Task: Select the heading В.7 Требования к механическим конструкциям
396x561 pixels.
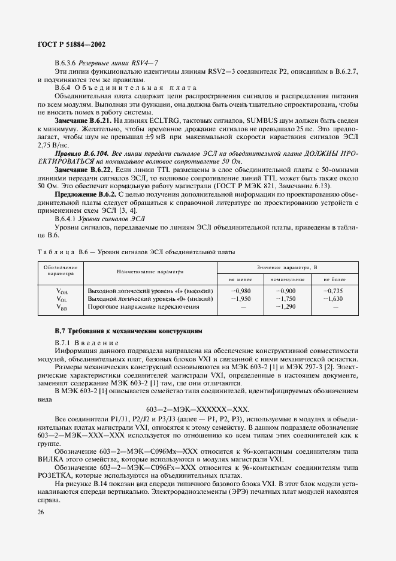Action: coord(129,331)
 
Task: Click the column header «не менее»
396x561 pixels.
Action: coord(239,279)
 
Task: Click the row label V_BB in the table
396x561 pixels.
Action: coord(62,307)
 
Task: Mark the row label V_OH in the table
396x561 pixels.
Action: coord(62,291)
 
